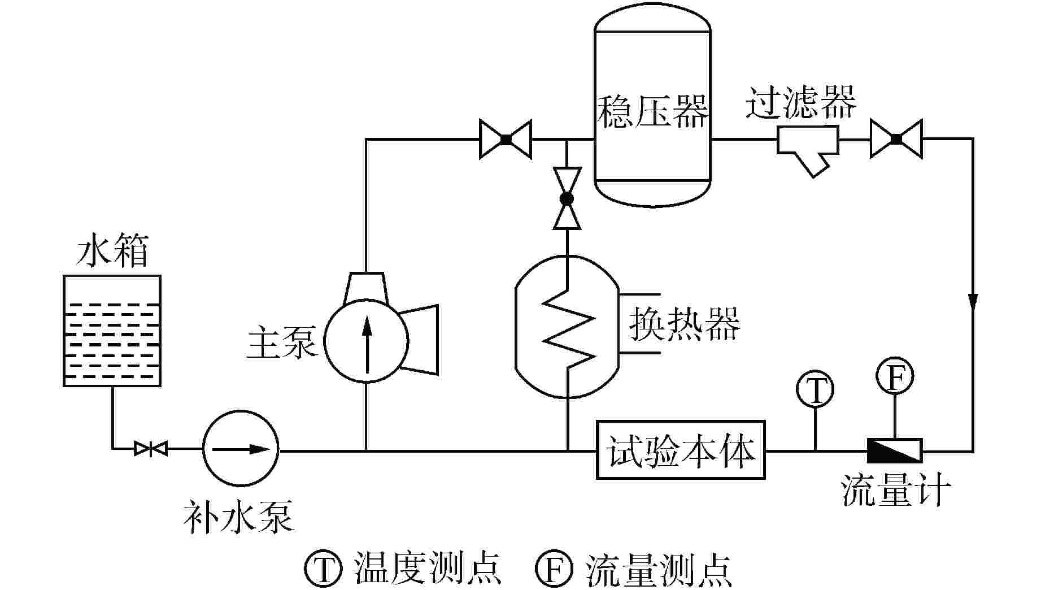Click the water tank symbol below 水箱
tap(112, 331)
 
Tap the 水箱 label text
tap(112, 252)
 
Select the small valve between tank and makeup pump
tap(150, 449)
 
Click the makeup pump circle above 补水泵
tap(241, 449)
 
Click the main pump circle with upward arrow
tap(366, 341)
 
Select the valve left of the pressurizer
tap(506, 139)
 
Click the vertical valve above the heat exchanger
tap(567, 198)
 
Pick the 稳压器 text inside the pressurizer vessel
tap(652, 111)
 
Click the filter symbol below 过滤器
tap(807, 146)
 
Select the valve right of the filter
tap(896, 139)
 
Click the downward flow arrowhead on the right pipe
tap(973, 301)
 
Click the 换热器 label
tap(684, 323)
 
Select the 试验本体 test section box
tap(681, 450)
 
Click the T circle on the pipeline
tap(815, 389)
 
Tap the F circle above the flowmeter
tap(895, 375)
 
